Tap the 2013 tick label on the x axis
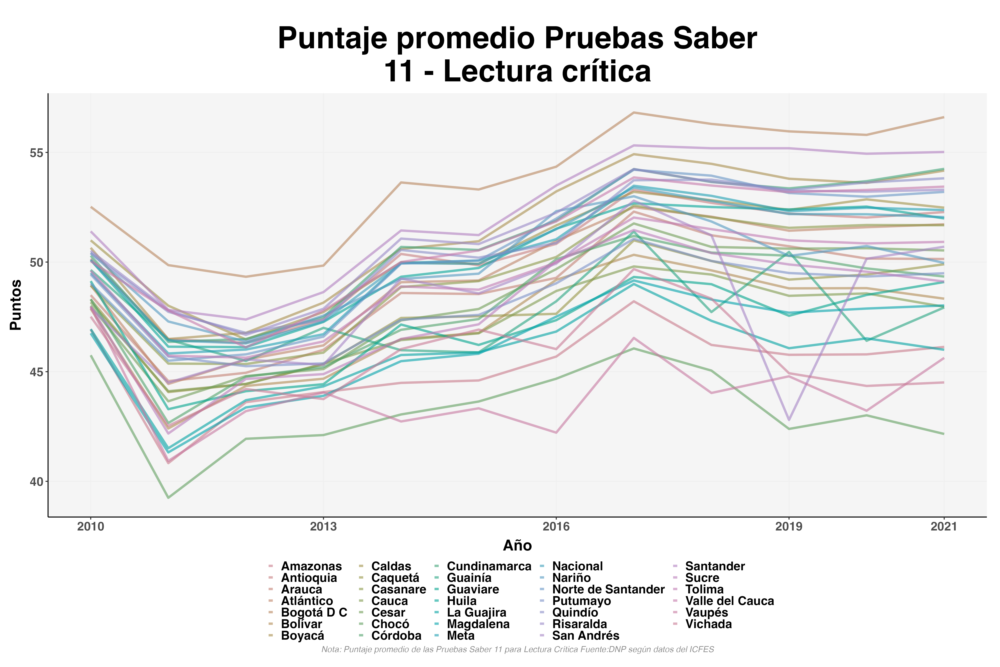click(x=323, y=527)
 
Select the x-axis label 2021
click(x=944, y=527)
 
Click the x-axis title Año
click(x=517, y=545)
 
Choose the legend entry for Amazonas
click(x=311, y=566)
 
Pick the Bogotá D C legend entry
click(x=314, y=613)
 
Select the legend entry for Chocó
click(x=390, y=624)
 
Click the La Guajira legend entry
click(x=476, y=613)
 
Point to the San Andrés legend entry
click(x=586, y=635)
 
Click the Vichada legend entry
click(x=708, y=624)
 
